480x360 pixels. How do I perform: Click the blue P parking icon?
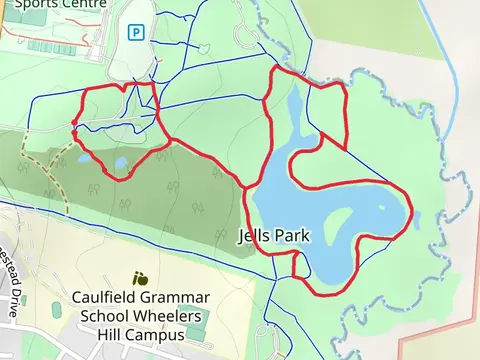[x=136, y=32]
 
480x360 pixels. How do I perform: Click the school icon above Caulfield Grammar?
[x=140, y=278]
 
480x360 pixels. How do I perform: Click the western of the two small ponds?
[x=119, y=162]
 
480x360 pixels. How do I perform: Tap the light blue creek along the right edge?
[x=441, y=60]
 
